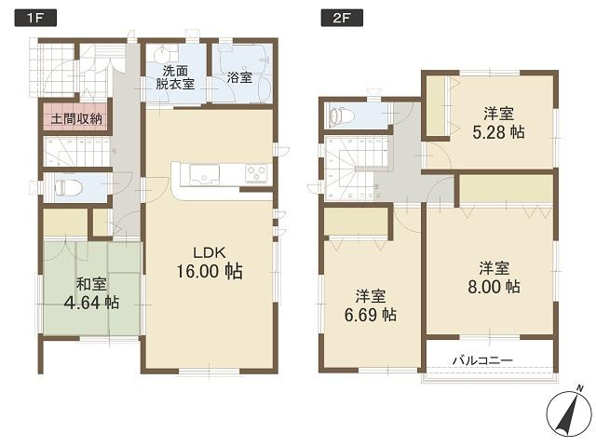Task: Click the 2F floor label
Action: tap(331, 16)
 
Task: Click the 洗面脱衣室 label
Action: tap(176, 77)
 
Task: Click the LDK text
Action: tap(210, 251)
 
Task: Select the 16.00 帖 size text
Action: tap(210, 272)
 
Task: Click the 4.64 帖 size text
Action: tap(90, 303)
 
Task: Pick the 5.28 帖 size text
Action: tap(496, 132)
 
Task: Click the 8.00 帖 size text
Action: tap(493, 287)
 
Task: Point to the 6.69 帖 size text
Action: tap(370, 316)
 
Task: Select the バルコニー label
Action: tap(483, 359)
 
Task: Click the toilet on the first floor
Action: tap(68, 186)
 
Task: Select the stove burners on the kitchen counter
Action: tap(256, 173)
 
